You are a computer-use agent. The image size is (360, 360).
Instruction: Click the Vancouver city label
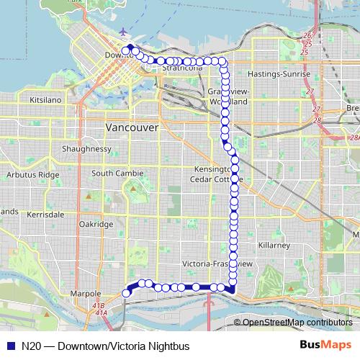point(132,126)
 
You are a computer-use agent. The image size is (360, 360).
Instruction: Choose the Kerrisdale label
point(45,215)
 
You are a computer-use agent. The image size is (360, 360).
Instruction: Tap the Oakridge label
point(96,225)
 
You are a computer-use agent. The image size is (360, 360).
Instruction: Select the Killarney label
point(274,246)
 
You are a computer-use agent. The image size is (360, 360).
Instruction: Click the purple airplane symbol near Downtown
point(125,32)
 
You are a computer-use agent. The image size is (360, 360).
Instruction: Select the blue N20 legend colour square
point(9,346)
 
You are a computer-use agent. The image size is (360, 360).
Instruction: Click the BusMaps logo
point(325,346)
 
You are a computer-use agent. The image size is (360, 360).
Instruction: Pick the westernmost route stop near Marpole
point(126,293)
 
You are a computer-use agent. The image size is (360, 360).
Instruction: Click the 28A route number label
point(353,137)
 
